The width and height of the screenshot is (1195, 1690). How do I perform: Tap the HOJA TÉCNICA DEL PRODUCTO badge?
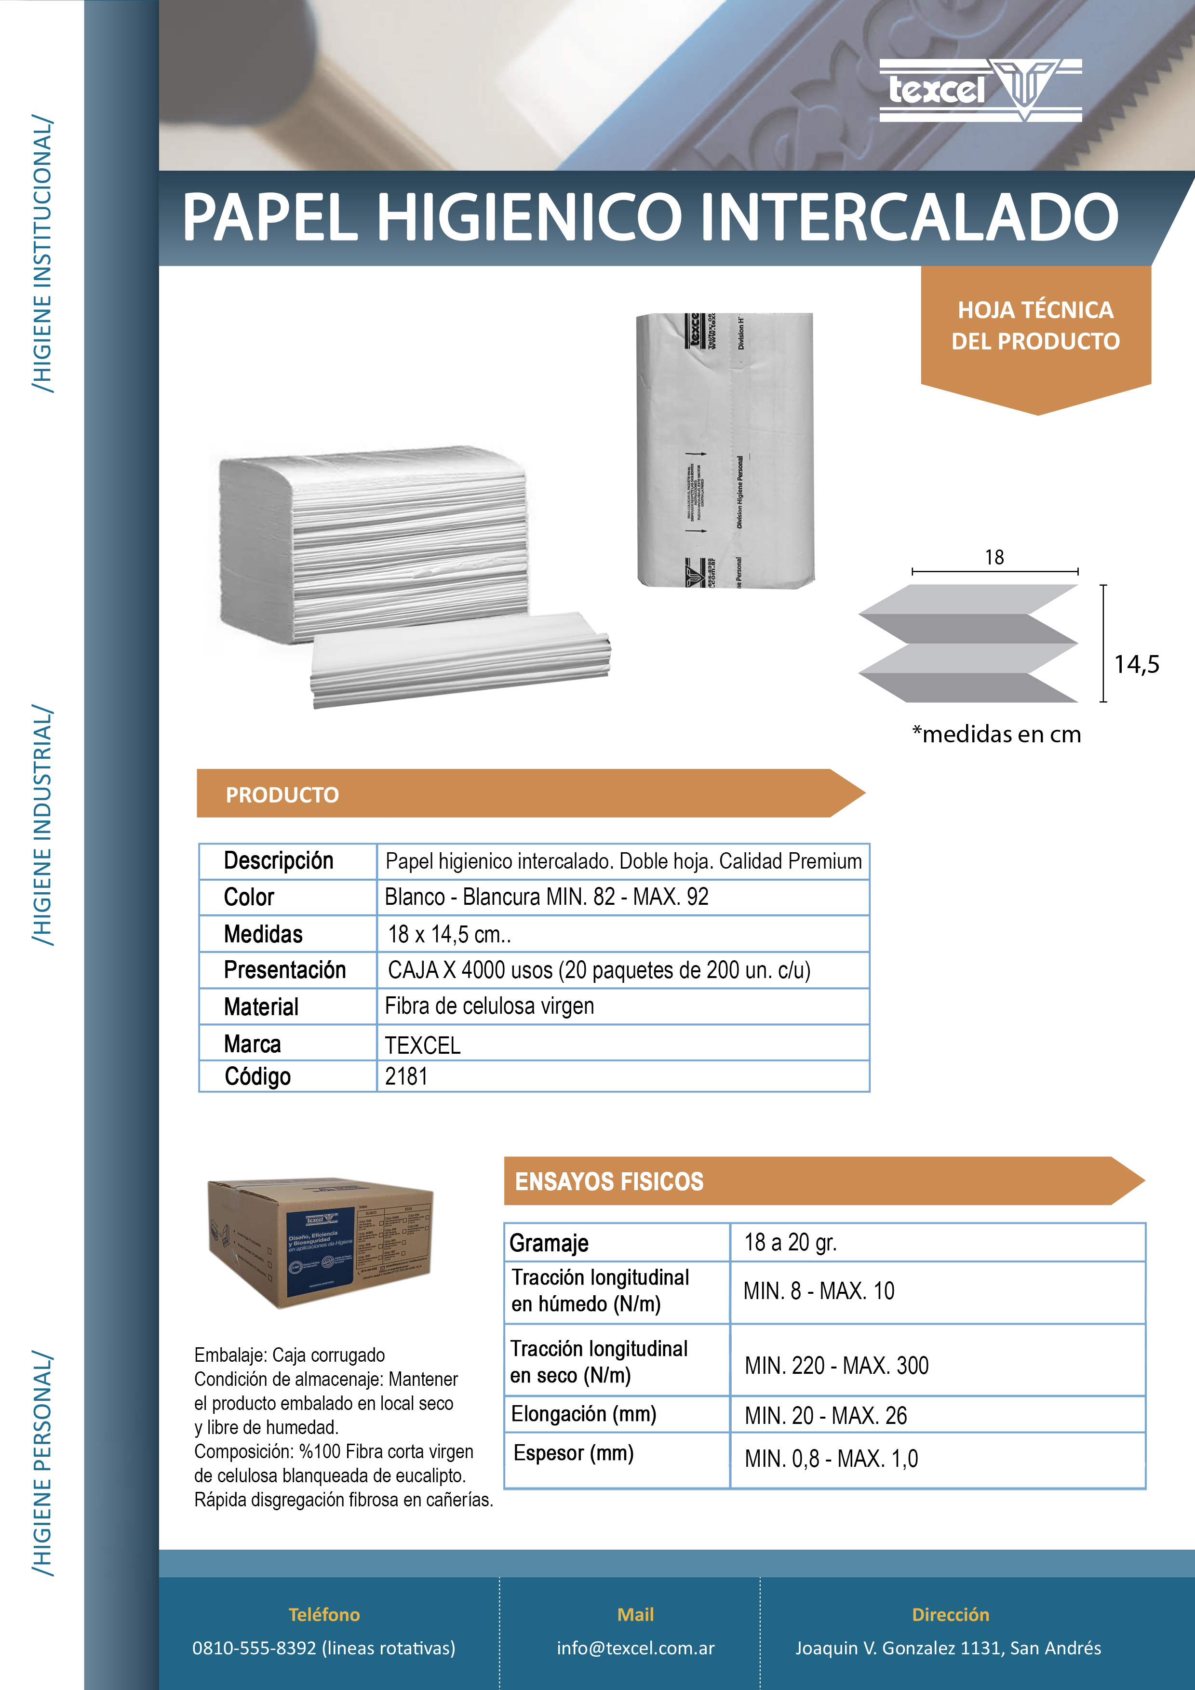click(x=1035, y=326)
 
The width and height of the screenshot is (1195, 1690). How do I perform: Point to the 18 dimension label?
click(x=994, y=557)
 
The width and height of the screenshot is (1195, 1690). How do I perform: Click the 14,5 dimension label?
click(x=1136, y=665)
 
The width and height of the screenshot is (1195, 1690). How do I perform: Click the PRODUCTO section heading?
click(x=282, y=795)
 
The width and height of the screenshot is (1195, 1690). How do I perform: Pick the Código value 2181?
click(x=406, y=1077)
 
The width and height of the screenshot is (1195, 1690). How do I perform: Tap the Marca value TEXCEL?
click(x=423, y=1045)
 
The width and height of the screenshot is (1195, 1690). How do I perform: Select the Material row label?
click(x=261, y=1007)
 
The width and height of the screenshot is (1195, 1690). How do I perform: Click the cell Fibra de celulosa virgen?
click(x=489, y=1006)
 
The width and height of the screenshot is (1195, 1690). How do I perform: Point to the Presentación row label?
click(x=284, y=970)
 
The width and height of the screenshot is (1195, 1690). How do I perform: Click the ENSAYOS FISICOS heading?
click(x=609, y=1181)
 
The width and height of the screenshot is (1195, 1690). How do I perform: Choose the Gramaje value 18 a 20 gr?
click(x=790, y=1243)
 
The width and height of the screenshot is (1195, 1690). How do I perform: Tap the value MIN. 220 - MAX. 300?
click(x=836, y=1366)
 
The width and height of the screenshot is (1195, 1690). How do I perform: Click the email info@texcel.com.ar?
click(x=635, y=1648)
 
